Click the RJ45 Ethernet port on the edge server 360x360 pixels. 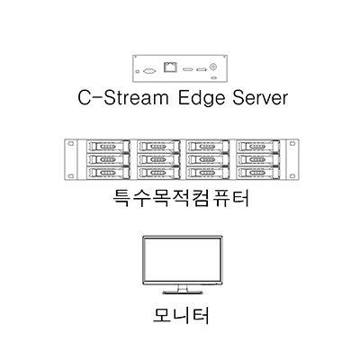coord(170,67)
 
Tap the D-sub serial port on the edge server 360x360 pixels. coord(149,71)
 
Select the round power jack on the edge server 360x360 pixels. coord(213,67)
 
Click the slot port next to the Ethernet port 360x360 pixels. coord(188,70)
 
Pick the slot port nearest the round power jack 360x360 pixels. coord(202,70)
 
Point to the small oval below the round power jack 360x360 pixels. coord(213,78)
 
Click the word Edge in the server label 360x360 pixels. coord(202,98)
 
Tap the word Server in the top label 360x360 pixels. coord(260,97)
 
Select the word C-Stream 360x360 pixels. coord(123,97)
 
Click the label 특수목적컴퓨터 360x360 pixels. coord(181,198)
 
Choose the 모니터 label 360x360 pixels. coord(181,315)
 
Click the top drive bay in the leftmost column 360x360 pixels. coord(108,146)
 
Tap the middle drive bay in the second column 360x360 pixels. coord(158,159)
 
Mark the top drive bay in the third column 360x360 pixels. coord(208,146)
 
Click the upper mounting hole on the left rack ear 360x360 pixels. coord(70,144)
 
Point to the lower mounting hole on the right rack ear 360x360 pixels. coord(292,175)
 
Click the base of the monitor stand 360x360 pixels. coord(183,292)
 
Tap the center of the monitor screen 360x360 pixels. coord(183,260)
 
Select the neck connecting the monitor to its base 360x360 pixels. coord(183,288)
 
